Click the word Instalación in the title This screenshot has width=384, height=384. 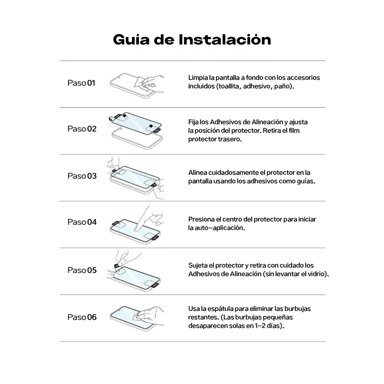coord(225,40)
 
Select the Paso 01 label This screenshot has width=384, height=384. coord(81,83)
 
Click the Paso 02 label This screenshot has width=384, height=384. coord(82,129)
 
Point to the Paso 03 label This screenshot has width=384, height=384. coord(82,176)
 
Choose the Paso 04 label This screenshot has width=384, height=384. coord(82,222)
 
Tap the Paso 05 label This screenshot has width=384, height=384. coord(82,270)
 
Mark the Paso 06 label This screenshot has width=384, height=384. coord(82,317)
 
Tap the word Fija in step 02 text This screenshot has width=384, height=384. coord(193,122)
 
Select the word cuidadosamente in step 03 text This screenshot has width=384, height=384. coord(233,173)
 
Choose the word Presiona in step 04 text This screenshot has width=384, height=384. coord(201,219)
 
